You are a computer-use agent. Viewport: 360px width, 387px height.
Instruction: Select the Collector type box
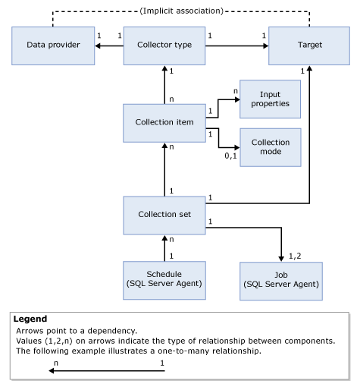pos(164,46)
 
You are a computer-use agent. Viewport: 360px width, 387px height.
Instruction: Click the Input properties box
pos(270,99)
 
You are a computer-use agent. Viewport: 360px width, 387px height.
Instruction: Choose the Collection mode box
pos(270,147)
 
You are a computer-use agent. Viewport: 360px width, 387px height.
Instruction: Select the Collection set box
pos(164,214)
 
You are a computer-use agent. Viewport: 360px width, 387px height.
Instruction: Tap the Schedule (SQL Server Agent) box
pos(164,279)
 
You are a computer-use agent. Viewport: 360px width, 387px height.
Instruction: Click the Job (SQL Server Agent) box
pos(280,279)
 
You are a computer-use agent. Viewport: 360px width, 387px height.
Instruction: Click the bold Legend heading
pos(30,319)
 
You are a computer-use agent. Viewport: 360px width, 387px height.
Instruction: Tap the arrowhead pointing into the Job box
pos(280,258)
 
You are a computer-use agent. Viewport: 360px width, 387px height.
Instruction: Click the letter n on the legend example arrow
pos(56,363)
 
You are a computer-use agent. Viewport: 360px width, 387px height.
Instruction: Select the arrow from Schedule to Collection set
pos(164,247)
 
